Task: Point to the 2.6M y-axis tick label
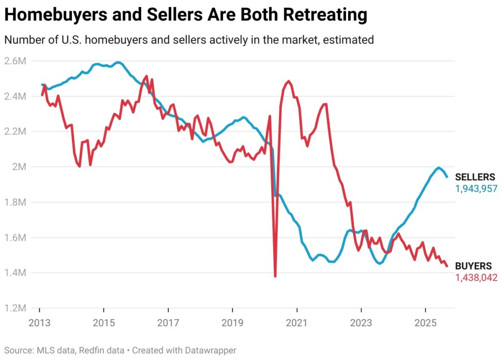(x=16, y=61)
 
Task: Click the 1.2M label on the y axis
(x=16, y=308)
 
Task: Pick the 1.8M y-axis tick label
(x=16, y=202)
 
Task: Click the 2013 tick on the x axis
(x=40, y=323)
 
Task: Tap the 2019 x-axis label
(x=232, y=323)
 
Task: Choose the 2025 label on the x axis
(x=425, y=323)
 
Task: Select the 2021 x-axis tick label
(x=297, y=323)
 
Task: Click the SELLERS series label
(x=475, y=178)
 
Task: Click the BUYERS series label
(x=473, y=266)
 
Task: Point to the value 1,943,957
(x=477, y=188)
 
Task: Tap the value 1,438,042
(x=477, y=278)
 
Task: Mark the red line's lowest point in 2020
(x=275, y=276)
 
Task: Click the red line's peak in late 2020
(x=288, y=81)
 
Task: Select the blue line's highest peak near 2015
(x=118, y=62)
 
